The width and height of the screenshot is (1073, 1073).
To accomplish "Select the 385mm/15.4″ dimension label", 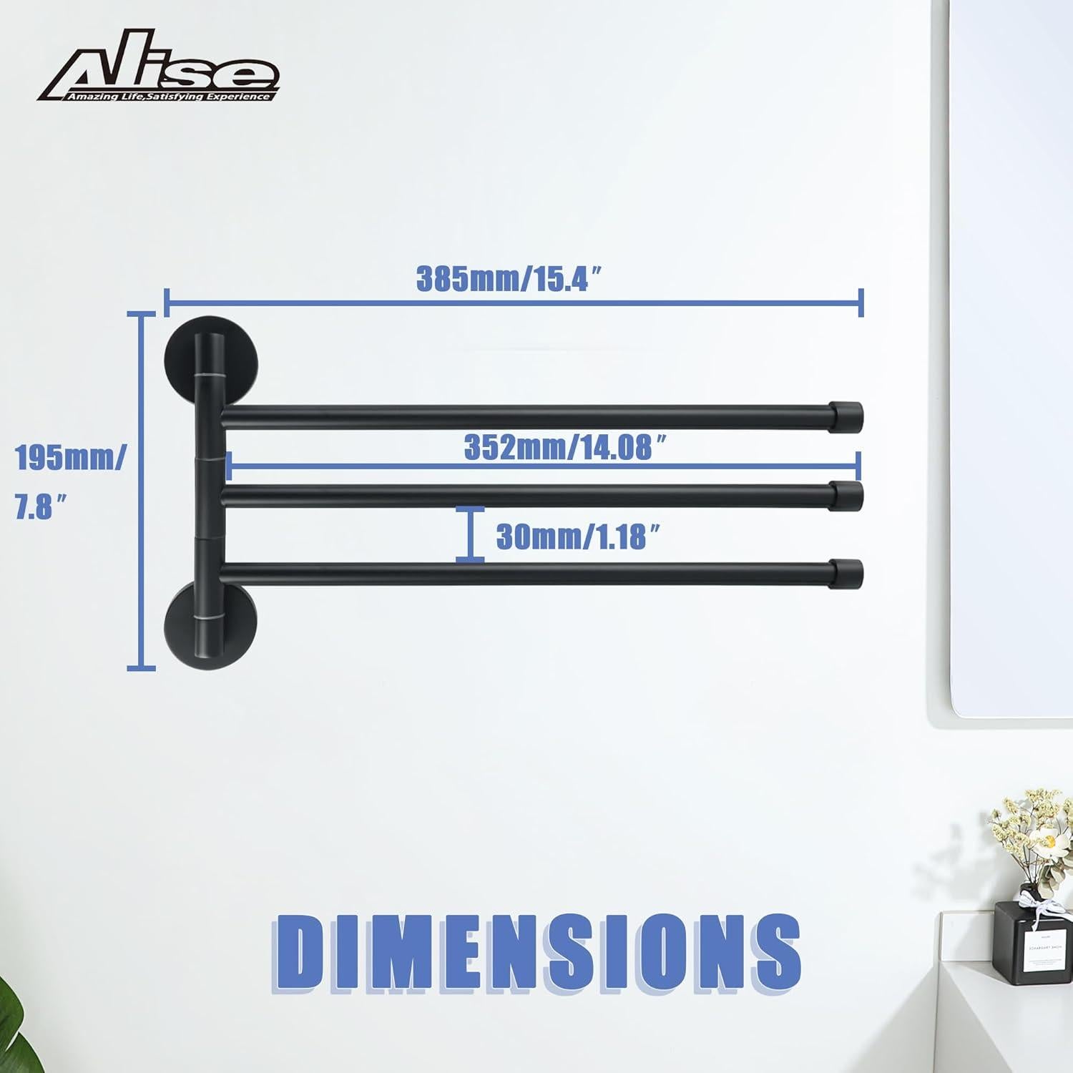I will click(x=513, y=279).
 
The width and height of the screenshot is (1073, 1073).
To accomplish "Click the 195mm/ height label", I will click(x=69, y=459).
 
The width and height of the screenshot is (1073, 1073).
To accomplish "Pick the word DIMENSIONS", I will click(x=536, y=949).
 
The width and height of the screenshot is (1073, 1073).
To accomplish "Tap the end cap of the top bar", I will click(x=848, y=415).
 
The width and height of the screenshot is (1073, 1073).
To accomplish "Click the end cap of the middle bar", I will click(x=848, y=494).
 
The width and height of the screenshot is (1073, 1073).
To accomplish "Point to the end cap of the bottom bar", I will click(x=848, y=573).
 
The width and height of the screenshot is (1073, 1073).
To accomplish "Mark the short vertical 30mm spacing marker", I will click(x=470, y=534).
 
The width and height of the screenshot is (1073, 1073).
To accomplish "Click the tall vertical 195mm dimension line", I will click(x=141, y=491).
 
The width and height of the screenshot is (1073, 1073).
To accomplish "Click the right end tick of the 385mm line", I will click(x=861, y=302).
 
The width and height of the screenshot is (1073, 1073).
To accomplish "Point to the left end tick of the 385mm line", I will click(x=166, y=302).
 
